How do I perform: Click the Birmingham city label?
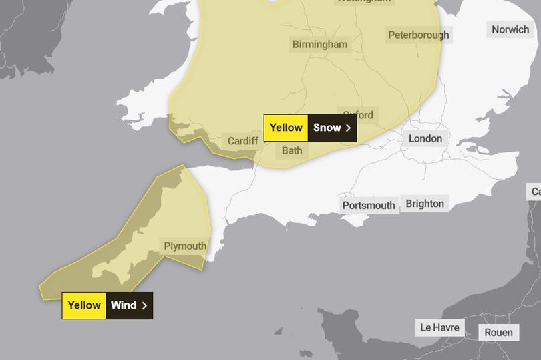click(x=320, y=45)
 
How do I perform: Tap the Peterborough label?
click(x=419, y=35)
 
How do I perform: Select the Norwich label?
click(x=510, y=29)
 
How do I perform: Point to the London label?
click(x=425, y=138)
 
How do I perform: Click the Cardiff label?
click(x=243, y=141)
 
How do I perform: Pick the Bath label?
click(x=292, y=150)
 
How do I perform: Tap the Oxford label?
click(x=358, y=115)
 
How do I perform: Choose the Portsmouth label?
click(x=369, y=205)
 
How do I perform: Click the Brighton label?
click(x=425, y=204)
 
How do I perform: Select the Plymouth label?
click(x=185, y=246)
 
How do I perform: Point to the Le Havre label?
click(x=440, y=327)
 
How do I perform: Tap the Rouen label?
click(x=499, y=332)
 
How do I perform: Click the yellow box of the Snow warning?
click(x=286, y=128)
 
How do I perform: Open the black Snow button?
click(x=332, y=128)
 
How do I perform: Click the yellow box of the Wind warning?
click(x=84, y=305)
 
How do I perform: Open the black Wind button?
click(x=129, y=305)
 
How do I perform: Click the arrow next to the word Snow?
click(x=348, y=128)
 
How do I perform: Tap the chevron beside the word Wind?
click(x=144, y=305)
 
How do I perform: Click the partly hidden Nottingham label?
click(x=364, y=2)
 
